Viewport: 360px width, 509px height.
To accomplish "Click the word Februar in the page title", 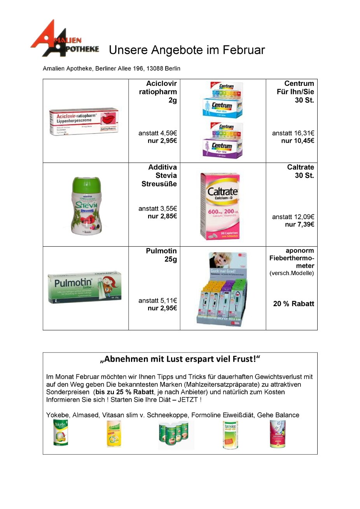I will [244, 50].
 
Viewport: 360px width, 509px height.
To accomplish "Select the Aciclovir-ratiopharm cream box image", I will [84, 121].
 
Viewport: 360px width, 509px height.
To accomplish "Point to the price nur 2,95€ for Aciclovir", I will [162, 141].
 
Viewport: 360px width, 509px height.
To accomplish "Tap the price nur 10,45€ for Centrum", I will [297, 141].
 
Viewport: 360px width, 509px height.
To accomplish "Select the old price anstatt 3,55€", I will [157, 209].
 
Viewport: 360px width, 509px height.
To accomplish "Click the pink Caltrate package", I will [220, 206].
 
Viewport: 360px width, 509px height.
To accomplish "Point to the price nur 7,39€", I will [299, 224].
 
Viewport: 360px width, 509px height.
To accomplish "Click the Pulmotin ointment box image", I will [85, 287].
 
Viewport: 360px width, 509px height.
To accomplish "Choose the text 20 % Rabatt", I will [294, 304].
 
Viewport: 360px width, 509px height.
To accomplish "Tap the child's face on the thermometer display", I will [220, 260].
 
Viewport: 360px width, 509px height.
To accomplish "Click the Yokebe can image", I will [61, 433].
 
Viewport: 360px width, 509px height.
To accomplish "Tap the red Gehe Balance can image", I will [278, 434].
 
